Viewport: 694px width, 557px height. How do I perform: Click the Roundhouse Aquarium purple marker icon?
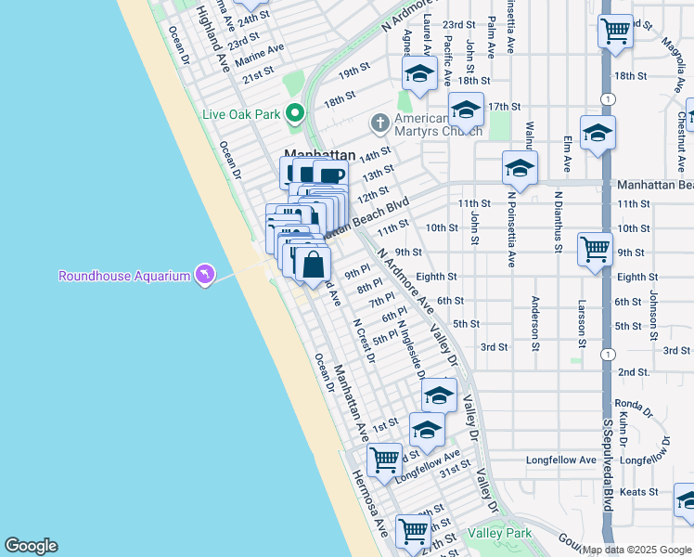tap(204, 275)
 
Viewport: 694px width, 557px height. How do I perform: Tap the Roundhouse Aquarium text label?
tap(123, 276)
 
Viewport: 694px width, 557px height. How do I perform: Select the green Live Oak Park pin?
tap(296, 114)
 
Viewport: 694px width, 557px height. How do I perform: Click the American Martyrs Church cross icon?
tap(379, 123)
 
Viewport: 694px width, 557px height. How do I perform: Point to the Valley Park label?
tap(500, 533)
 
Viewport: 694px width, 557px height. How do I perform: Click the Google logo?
tap(31, 546)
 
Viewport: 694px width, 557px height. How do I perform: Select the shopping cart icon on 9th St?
tap(595, 248)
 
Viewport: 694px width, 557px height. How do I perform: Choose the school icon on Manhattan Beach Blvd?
tap(520, 169)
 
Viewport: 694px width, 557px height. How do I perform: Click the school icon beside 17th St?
tap(466, 110)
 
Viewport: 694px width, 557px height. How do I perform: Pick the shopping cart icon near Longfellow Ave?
tap(384, 459)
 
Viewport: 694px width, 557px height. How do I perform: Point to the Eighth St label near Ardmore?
tap(436, 277)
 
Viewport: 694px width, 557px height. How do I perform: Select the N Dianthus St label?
tap(559, 222)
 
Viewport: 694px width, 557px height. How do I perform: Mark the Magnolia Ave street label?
tap(673, 43)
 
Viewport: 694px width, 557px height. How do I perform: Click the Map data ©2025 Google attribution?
tap(636, 550)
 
